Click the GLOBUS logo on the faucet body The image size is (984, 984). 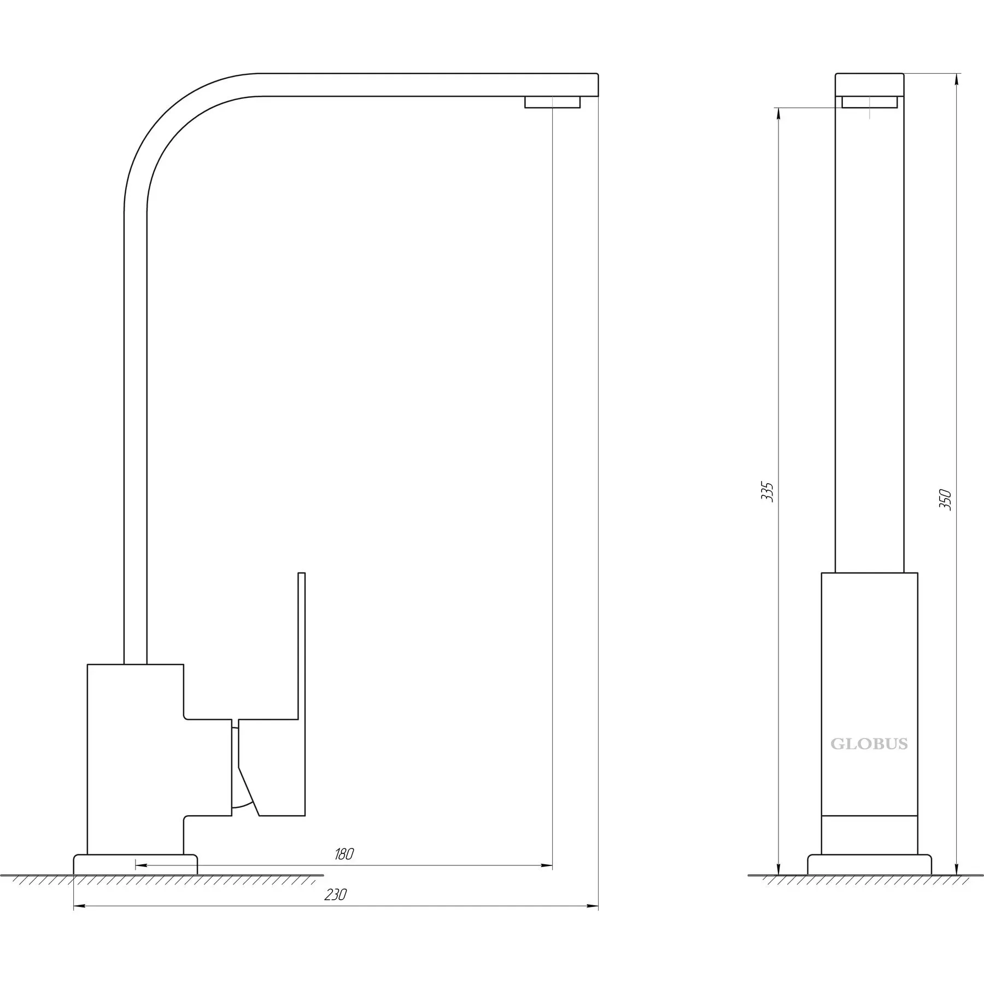[x=869, y=744]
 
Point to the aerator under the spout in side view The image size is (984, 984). [x=552, y=102]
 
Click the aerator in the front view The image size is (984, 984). [x=869, y=102]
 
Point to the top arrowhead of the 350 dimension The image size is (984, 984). [x=956, y=80]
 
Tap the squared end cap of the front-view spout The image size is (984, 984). [x=869, y=85]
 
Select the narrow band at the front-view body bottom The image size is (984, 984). [x=869, y=842]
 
